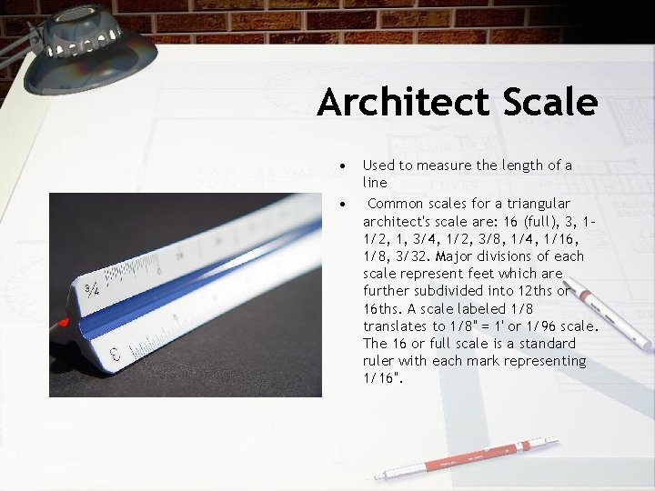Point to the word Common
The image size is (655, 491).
(396, 203)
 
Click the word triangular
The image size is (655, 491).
(537, 203)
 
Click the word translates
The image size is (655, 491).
(395, 326)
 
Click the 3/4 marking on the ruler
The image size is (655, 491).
(92, 291)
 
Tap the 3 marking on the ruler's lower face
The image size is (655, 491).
(115, 355)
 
